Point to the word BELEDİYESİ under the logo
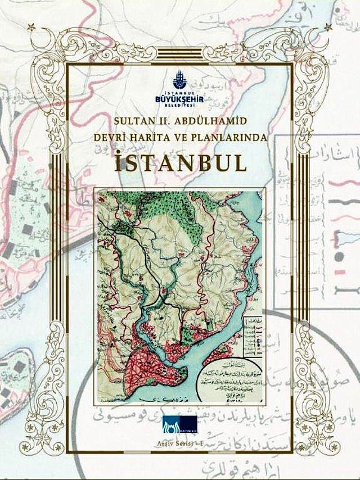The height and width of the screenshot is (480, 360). pyautogui.click(x=179, y=106)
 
